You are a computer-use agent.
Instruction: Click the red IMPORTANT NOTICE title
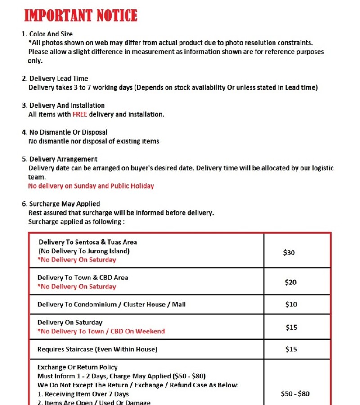point(81,16)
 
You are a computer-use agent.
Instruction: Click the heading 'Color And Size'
point(51,34)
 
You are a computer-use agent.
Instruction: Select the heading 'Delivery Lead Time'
point(58,78)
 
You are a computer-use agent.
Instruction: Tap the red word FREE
point(80,114)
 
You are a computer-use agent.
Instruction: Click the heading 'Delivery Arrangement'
point(63,159)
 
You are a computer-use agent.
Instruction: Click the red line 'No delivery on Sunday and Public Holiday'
point(91,186)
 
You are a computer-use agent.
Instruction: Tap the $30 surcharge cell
point(289,252)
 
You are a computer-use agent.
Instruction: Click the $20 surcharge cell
point(291,282)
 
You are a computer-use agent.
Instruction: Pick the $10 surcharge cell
point(291,304)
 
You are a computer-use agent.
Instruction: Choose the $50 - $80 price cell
point(295,394)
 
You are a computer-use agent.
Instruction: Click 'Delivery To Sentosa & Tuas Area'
point(88,242)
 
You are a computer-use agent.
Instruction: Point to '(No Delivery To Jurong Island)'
point(84,251)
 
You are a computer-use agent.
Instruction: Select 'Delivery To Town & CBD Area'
point(83,278)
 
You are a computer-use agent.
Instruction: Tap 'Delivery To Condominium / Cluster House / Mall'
point(112,304)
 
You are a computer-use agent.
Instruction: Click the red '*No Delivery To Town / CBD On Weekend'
point(101,331)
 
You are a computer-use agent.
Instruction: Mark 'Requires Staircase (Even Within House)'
point(97,349)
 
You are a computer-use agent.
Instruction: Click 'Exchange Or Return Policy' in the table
point(77,367)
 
